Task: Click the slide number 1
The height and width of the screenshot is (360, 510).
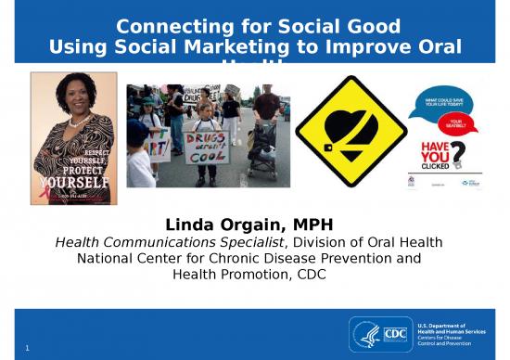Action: tap(29, 348)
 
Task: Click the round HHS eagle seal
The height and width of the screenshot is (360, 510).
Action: tap(365, 332)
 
